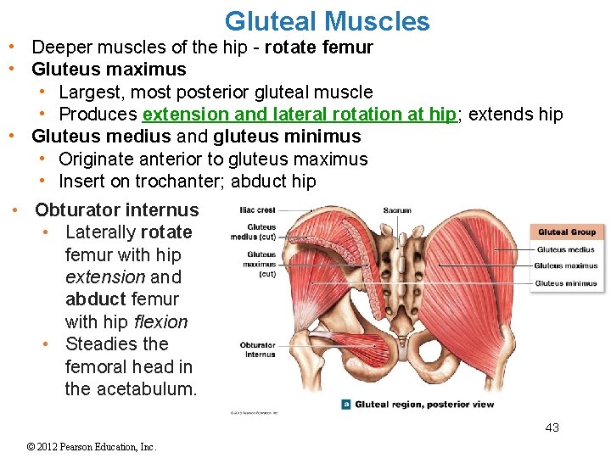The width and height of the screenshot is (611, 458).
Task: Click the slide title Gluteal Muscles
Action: pyautogui.click(x=327, y=20)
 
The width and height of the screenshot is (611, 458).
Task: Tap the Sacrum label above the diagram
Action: pyautogui.click(x=397, y=209)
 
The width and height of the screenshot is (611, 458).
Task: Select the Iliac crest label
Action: pyautogui.click(x=258, y=209)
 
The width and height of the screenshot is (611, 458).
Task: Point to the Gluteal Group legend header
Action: pyautogui.click(x=567, y=232)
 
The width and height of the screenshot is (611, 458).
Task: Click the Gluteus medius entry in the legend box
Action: pyautogui.click(x=565, y=250)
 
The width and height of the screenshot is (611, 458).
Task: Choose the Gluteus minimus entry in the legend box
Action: pyautogui.click(x=566, y=283)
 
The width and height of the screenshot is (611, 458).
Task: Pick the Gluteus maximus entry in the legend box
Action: pyautogui.click(x=566, y=266)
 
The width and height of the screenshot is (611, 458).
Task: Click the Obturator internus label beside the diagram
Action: pyautogui.click(x=258, y=349)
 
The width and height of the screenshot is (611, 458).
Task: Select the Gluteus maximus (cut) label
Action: pyautogui.click(x=260, y=264)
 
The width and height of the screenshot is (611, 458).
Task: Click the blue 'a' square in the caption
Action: pyautogui.click(x=345, y=405)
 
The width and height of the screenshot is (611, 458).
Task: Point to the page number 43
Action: pyautogui.click(x=552, y=427)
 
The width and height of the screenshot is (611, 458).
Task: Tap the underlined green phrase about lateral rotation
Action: pyautogui.click(x=300, y=114)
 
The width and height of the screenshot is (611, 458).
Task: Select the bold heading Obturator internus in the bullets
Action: pyautogui.click(x=116, y=210)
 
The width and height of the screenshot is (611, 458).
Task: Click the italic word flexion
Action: pyautogui.click(x=161, y=322)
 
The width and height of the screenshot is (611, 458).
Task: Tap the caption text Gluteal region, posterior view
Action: pyautogui.click(x=424, y=405)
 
